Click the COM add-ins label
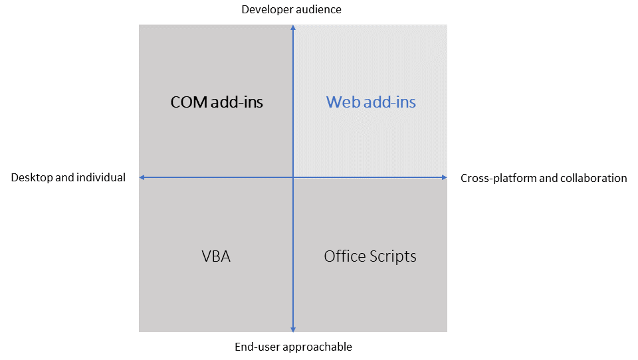217,102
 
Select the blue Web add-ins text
371,102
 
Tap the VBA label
216,256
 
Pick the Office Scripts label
370,256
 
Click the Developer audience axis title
291,9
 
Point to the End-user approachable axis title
293,347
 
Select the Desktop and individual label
68,177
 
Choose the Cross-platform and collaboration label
544,178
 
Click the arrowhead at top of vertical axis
293,28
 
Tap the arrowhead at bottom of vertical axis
293,328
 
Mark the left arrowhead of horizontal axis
142,177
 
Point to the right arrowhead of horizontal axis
444,177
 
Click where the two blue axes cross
293,177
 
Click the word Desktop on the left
31,177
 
